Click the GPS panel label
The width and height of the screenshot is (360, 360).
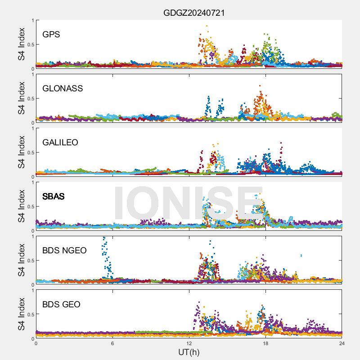(x=51, y=34)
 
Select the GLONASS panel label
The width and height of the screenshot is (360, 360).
(x=63, y=88)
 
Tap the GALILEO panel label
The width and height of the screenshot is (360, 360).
(x=60, y=142)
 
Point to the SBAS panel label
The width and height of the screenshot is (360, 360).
(x=54, y=196)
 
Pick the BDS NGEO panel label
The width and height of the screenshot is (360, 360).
(x=64, y=250)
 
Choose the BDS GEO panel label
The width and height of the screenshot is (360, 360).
(x=61, y=304)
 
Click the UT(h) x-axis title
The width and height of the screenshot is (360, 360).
(x=189, y=351)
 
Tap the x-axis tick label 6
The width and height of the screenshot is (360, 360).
(x=112, y=343)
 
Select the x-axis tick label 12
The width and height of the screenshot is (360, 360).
(x=189, y=343)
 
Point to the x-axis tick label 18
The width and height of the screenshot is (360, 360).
(x=265, y=343)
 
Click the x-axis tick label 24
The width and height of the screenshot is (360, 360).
(x=342, y=343)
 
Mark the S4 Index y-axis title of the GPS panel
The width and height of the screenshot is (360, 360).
(x=22, y=44)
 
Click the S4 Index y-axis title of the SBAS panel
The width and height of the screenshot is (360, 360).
(x=22, y=206)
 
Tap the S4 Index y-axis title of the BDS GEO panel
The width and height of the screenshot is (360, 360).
(x=22, y=314)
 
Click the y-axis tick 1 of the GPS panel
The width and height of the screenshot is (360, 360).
(x=32, y=20)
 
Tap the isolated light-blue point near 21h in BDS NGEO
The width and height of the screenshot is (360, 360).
(x=301, y=256)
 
